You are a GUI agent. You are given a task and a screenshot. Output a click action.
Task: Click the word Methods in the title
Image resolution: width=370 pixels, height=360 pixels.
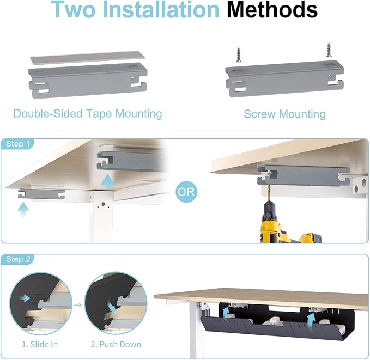pyautogui.click(x=272, y=11)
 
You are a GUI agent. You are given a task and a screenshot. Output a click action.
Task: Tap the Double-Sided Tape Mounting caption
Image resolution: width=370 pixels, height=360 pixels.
pyautogui.click(x=88, y=114)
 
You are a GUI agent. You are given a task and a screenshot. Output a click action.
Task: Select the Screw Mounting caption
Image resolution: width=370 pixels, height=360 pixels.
pyautogui.click(x=284, y=114)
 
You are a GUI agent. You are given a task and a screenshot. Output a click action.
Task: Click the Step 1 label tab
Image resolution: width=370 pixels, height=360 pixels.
pyautogui.click(x=17, y=144)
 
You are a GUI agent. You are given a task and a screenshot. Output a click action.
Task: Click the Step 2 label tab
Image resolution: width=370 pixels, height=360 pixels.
pyautogui.click(x=17, y=259)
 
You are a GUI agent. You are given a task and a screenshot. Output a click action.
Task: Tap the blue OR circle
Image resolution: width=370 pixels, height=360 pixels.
pyautogui.click(x=186, y=192)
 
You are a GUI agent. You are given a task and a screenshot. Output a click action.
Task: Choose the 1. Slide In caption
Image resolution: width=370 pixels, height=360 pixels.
pyautogui.click(x=40, y=344)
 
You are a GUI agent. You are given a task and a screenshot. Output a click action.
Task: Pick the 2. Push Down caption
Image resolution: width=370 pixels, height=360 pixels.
pyautogui.click(x=116, y=344)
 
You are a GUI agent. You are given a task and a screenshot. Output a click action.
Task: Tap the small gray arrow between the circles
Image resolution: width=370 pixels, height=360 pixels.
pyautogui.click(x=78, y=304)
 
